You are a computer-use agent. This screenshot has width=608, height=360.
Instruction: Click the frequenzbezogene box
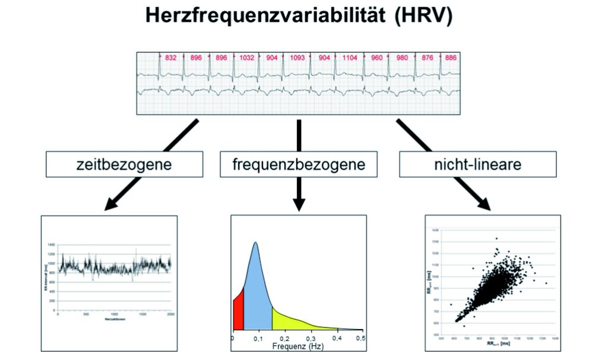299,164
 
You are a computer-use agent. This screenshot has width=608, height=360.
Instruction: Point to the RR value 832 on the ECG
170,58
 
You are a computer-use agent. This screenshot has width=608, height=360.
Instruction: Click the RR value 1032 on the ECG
246,58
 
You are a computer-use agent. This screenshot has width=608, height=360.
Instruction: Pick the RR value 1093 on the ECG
298,58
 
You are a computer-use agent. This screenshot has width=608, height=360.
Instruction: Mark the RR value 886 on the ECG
451,58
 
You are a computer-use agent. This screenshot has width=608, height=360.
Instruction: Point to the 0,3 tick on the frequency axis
310,337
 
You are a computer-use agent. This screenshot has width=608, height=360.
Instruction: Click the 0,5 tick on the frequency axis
360,337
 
